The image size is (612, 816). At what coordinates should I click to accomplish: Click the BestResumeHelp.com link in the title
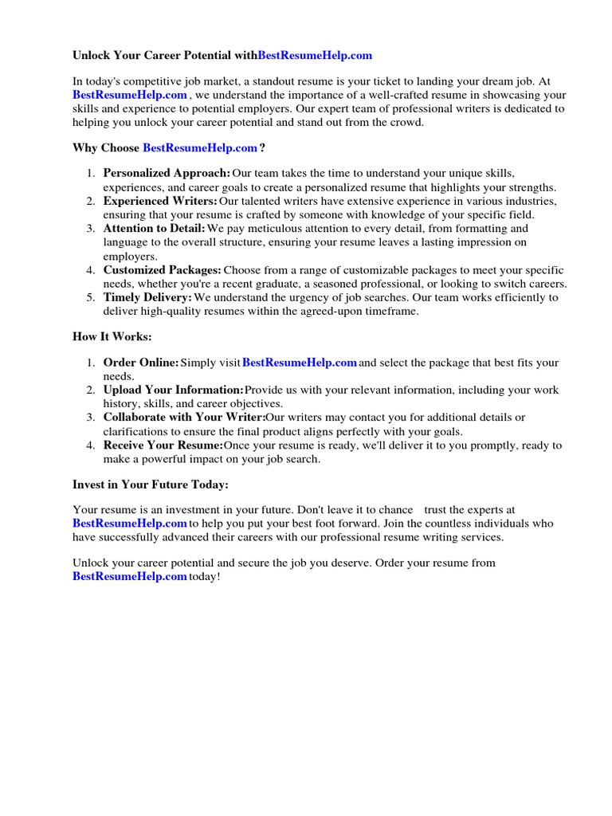pyautogui.click(x=315, y=56)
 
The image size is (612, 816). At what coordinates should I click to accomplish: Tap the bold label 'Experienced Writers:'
pyautogui.click(x=160, y=201)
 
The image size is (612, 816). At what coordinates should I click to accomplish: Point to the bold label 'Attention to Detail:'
pyautogui.click(x=154, y=229)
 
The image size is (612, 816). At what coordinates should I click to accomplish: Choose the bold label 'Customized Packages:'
pyautogui.click(x=162, y=270)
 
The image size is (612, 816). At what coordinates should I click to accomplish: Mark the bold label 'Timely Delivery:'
pyautogui.click(x=147, y=297)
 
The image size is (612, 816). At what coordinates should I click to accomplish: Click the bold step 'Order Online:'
pyautogui.click(x=141, y=363)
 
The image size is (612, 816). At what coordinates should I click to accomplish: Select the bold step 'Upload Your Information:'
pyautogui.click(x=173, y=390)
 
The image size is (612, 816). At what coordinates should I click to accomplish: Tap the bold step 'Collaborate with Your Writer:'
pyautogui.click(x=184, y=418)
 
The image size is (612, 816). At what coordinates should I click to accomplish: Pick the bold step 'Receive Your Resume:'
pyautogui.click(x=163, y=445)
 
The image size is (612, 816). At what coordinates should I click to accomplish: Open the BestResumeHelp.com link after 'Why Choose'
pyautogui.click(x=200, y=148)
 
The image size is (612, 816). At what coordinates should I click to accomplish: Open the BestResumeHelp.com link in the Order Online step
pyautogui.click(x=299, y=363)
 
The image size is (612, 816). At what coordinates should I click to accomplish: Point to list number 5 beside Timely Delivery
pyautogui.click(x=91, y=297)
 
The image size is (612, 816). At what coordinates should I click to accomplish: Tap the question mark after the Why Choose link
pyautogui.click(x=262, y=148)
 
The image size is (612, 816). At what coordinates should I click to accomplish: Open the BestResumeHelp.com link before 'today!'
pyautogui.click(x=130, y=576)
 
